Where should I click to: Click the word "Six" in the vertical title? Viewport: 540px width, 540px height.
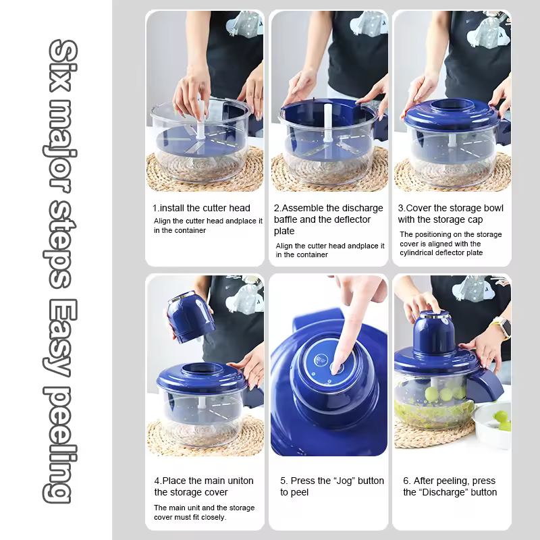point(62,65)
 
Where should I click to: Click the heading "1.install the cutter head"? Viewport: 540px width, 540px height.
point(201,208)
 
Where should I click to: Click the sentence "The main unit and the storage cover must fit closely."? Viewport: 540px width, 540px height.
point(205,512)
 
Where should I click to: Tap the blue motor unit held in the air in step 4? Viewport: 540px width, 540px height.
point(190,317)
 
